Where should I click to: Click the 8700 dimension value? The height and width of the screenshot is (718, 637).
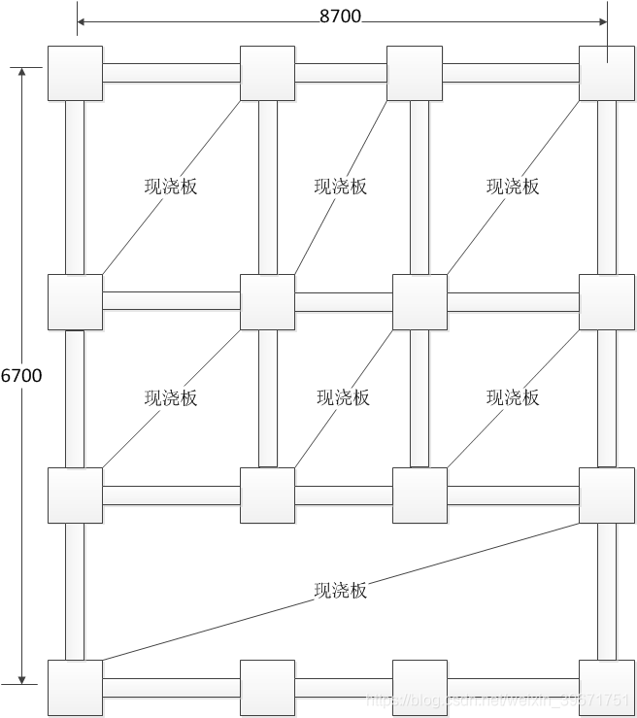[x=342, y=15]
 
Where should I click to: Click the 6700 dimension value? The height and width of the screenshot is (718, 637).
[x=21, y=375]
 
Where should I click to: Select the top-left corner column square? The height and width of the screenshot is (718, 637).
[x=75, y=73]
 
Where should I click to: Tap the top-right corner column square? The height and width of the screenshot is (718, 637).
[x=607, y=73]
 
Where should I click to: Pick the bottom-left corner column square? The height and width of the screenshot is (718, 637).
[x=75, y=687]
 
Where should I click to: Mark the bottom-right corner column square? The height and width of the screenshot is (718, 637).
[x=607, y=687]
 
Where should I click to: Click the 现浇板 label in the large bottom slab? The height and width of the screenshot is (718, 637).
[x=341, y=590]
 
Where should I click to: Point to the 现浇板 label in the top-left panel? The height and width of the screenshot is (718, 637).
[x=171, y=187]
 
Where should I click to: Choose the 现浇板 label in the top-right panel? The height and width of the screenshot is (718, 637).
[x=513, y=187]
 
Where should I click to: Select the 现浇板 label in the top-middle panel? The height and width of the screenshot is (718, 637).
[x=341, y=187]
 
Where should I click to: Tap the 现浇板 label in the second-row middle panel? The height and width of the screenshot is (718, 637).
[x=343, y=397]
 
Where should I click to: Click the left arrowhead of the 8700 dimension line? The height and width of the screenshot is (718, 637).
[x=82, y=20]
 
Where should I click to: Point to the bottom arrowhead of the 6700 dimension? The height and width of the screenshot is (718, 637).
[x=21, y=679]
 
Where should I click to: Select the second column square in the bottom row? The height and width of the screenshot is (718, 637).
[x=267, y=687]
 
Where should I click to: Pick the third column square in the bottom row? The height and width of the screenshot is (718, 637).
[x=419, y=687]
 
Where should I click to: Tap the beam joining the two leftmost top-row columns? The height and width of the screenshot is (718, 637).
[x=171, y=73]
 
